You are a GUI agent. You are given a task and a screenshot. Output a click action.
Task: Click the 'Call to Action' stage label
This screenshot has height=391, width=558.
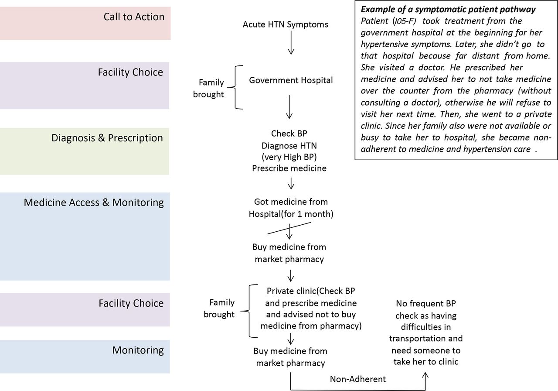pos(134,17)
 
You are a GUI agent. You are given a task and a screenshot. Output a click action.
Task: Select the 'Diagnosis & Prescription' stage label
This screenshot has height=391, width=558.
pos(107,138)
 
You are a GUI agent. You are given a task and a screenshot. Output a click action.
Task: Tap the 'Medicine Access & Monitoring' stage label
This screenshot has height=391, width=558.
pos(94,202)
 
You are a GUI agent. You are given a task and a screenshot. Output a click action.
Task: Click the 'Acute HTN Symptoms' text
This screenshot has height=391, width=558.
pos(286,24)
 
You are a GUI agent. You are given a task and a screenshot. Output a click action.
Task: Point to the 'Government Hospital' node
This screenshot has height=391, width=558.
pos(291,80)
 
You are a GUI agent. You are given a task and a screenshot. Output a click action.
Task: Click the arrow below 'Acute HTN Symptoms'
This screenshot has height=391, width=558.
pos(291,43)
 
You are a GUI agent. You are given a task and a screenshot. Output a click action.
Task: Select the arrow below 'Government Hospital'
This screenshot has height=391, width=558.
pos(289,107)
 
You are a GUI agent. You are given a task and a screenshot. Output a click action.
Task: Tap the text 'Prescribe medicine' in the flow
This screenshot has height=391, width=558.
pos(289,168)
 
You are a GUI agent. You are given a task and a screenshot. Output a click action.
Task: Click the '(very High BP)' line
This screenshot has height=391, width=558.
pos(289,157)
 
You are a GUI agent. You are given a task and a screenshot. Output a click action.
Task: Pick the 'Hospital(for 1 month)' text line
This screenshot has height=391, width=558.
pos(291,214)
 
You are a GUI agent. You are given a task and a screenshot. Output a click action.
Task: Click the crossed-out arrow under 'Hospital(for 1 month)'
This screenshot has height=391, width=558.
pos(289,231)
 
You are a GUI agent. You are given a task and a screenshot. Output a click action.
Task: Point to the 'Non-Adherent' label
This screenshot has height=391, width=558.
pos(358,379)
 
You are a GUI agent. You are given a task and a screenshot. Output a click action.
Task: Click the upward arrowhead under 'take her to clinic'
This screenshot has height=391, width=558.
pos(425,375)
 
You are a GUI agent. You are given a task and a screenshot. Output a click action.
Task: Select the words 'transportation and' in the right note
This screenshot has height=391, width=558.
pos(426,338)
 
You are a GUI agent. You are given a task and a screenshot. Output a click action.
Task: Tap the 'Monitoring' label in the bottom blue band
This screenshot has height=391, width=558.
pos(138,350)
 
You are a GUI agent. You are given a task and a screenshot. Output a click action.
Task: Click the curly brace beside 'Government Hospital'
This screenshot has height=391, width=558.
pos(235,87)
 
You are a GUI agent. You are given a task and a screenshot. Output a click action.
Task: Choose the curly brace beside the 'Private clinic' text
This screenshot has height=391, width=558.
pos(249,311)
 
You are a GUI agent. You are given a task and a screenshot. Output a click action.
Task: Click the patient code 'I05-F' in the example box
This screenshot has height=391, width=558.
pos(405,21)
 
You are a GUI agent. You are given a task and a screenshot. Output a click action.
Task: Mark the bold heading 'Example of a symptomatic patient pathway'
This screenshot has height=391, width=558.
pos(448,10)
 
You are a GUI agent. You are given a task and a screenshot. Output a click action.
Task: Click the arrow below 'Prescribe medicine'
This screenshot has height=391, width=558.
pos(291,184)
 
